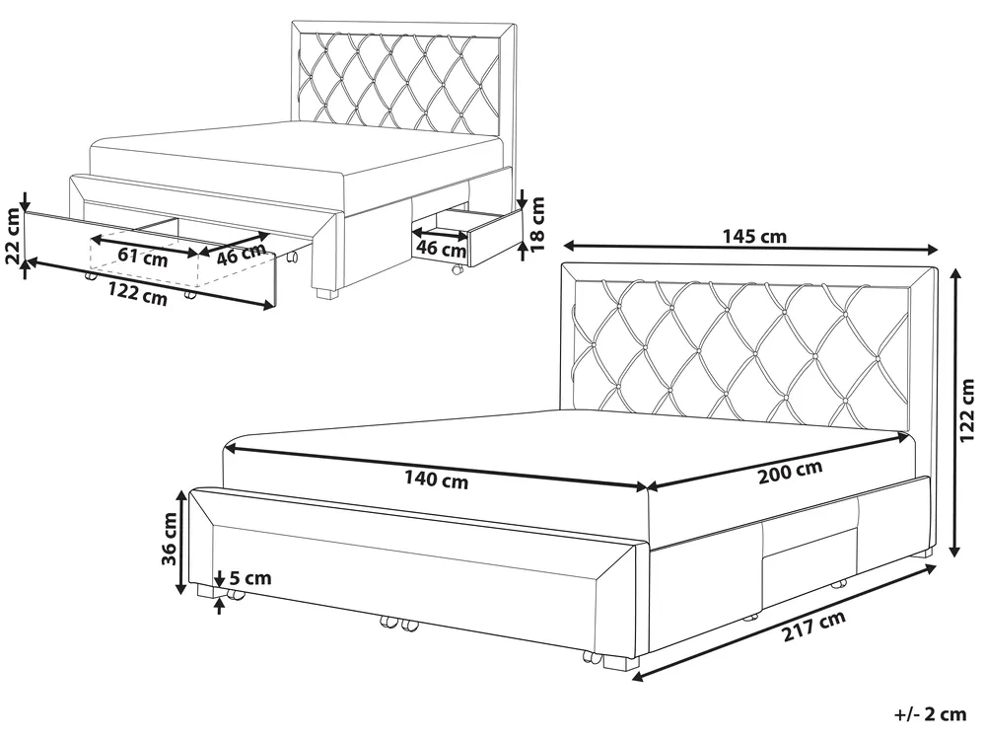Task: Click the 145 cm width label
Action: pyautogui.click(x=754, y=236)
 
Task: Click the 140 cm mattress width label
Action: pyautogui.click(x=437, y=480)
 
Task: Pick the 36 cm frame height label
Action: pyautogui.click(x=170, y=538)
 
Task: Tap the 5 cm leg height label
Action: pyautogui.click(x=249, y=577)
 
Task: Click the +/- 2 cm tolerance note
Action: pyautogui.click(x=930, y=714)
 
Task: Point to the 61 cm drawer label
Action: pyautogui.click(x=143, y=256)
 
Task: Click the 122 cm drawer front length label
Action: pyautogui.click(x=138, y=294)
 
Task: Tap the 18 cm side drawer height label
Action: pyautogui.click(x=537, y=224)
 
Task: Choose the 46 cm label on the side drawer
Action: pyautogui.click(x=441, y=249)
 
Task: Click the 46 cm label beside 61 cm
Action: pyautogui.click(x=241, y=254)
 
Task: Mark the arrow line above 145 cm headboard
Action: pyautogui.click(x=750, y=248)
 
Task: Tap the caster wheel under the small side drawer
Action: pyautogui.click(x=457, y=270)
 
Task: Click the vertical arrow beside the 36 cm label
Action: pyautogui.click(x=180, y=543)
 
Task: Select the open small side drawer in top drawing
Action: pyautogui.click(x=468, y=238)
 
